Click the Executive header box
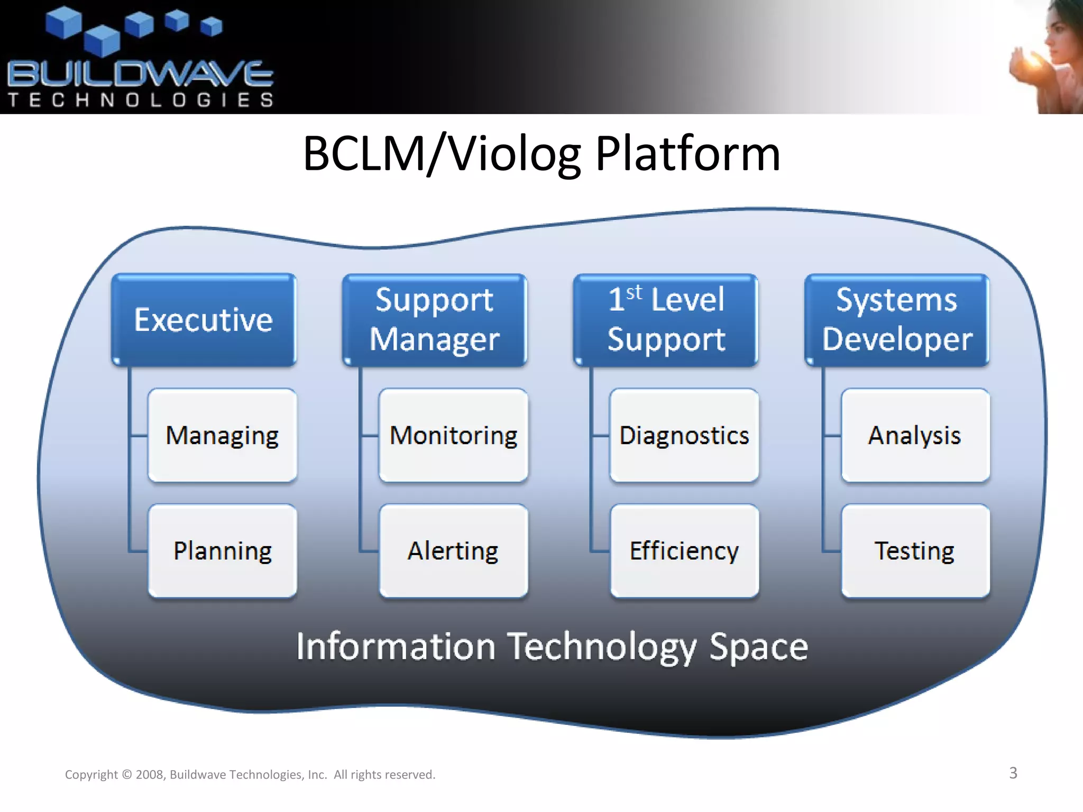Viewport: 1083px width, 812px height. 204,320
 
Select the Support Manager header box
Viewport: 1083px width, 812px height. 435,320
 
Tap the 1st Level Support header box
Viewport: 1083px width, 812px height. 666,320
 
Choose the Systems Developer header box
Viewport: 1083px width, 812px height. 897,320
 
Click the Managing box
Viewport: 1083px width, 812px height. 222,435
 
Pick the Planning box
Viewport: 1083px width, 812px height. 222,551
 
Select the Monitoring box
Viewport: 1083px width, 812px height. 453,435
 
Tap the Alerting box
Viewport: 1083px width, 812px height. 453,551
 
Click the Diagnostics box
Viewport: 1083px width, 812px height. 684,435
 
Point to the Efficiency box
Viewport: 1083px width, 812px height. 684,551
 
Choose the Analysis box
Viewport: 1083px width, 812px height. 915,435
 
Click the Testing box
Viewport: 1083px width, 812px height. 915,551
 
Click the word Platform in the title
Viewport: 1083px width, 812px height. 687,154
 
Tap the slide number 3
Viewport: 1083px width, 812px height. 1013,773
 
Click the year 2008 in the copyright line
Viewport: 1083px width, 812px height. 151,774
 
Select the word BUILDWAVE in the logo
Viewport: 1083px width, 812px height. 140,74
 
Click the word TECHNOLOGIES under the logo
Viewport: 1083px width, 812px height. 140,100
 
